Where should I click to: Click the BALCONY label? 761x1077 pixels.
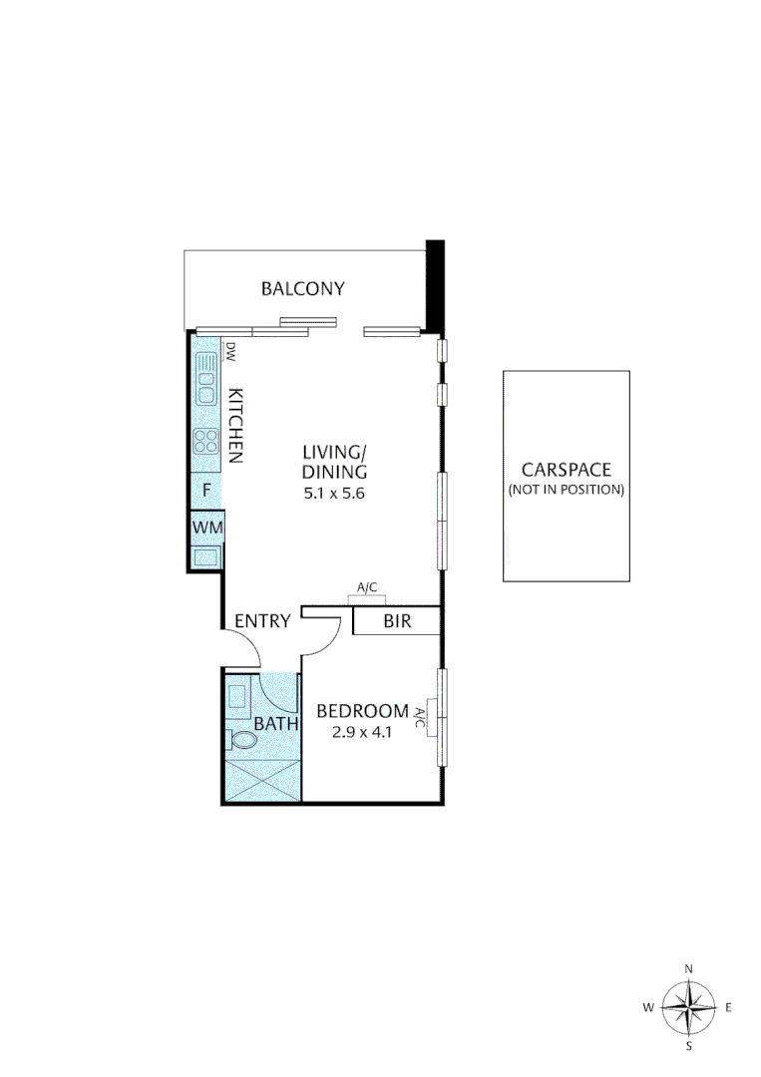302,289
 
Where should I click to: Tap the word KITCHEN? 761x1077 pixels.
236,424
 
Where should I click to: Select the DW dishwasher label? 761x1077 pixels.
229,351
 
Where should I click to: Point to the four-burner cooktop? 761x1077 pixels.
206,440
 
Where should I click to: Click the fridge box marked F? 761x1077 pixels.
206,490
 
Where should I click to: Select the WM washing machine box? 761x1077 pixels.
207,526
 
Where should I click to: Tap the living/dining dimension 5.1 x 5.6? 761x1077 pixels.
336,492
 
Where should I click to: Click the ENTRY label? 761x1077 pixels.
262,621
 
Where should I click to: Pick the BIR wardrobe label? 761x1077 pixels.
395,622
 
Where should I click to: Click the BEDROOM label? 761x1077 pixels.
362,711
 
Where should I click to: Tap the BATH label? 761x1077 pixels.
276,724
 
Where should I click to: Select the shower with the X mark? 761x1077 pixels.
261,780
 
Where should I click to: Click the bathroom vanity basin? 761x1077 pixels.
238,696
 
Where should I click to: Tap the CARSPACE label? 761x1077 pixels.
566,470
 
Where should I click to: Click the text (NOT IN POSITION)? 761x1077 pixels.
566,490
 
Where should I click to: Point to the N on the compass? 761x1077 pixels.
688,968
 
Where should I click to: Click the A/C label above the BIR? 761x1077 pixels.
366,588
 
